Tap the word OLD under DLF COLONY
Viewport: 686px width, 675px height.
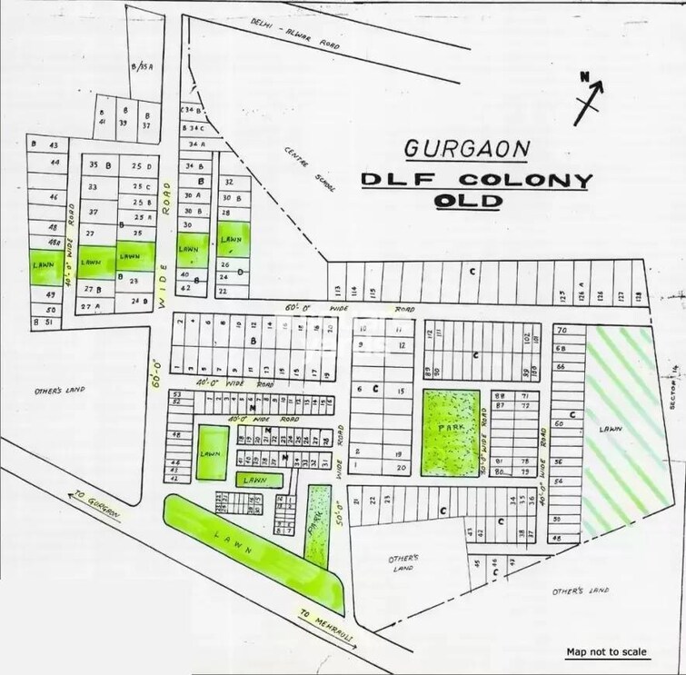468,201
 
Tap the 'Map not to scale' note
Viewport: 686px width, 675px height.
606,651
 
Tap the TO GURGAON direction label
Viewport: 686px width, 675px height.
94,506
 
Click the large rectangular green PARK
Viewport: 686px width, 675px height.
452,431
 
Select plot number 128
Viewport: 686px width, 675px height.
639,295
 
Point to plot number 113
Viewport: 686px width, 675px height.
338,292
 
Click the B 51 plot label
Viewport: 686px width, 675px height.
44,322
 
